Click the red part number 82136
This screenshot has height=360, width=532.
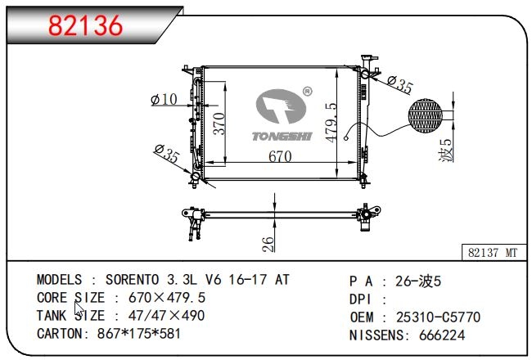(85, 25)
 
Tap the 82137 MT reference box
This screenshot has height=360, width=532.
(494, 253)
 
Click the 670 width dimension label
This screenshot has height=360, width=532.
(280, 156)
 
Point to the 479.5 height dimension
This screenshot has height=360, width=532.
(331, 123)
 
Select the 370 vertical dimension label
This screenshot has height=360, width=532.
(219, 124)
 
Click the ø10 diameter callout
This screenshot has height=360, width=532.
(164, 100)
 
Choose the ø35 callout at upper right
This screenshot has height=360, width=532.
(400, 84)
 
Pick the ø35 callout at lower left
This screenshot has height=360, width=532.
(166, 153)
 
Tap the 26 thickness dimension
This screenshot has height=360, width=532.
(268, 245)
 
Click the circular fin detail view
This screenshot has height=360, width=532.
(425, 115)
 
